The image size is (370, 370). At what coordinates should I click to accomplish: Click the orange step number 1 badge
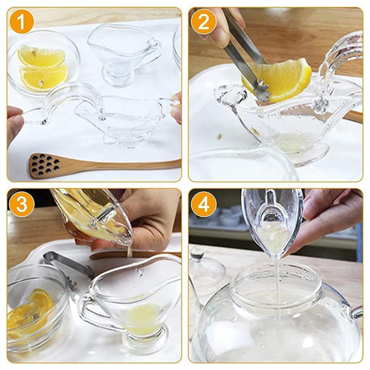point(22,22)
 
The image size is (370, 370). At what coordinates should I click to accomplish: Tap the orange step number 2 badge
point(204,22)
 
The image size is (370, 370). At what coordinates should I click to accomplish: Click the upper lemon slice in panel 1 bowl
point(42,56)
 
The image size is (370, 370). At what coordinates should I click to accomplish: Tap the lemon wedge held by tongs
point(285,79)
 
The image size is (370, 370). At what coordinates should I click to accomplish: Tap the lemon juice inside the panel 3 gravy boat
point(143,318)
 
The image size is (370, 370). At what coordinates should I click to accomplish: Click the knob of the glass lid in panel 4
point(197,253)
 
